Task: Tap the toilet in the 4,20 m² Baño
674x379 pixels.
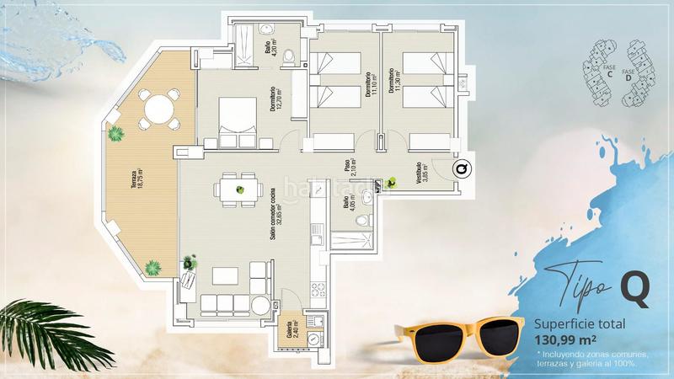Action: [290, 56]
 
